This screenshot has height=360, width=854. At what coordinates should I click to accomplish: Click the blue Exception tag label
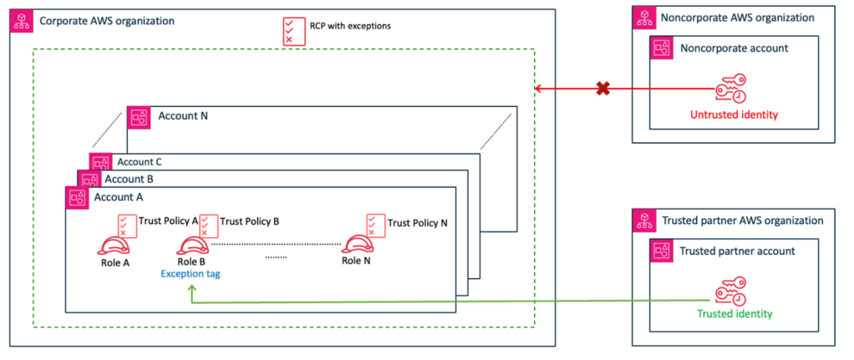pyautogui.click(x=191, y=273)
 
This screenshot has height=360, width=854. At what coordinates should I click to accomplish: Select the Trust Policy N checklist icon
pyautogui.click(x=375, y=225)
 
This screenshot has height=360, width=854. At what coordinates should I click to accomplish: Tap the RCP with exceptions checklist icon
pyautogui.click(x=292, y=28)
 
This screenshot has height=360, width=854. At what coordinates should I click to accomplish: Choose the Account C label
pyautogui.click(x=139, y=162)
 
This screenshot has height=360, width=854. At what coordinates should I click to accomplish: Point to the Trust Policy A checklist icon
pyautogui.click(x=127, y=225)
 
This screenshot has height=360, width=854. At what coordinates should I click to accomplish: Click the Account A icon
pyautogui.click(x=77, y=197)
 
